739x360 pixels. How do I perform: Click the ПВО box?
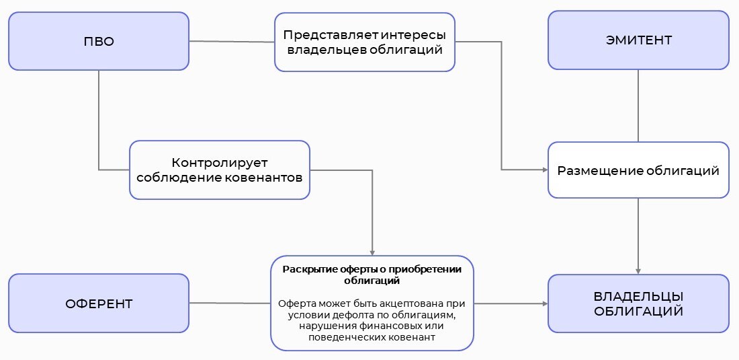coord(99,41)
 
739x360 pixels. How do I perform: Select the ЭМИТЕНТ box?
coord(638,40)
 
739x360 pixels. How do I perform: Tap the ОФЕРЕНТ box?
coord(99,303)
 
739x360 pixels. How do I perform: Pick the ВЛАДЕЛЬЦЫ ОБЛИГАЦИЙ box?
coord(638,303)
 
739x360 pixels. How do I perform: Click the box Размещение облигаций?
coord(638,170)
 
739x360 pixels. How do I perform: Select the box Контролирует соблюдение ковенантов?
coord(220,170)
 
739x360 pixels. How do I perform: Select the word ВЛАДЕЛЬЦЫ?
coord(638,296)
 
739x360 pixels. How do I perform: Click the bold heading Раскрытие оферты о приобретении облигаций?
coord(372,275)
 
